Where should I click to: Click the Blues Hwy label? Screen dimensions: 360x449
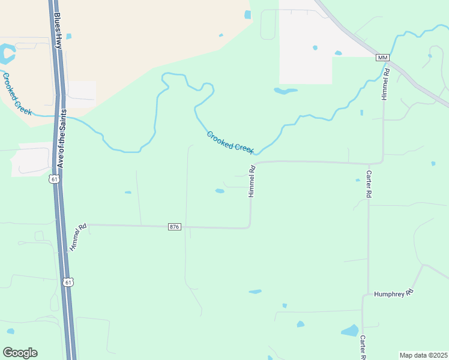coord(58,31)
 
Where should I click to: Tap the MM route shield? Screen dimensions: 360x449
coord(383,57)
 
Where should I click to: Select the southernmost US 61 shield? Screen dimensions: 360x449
coord(69,282)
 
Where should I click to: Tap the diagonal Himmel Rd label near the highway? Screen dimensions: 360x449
coord(79,236)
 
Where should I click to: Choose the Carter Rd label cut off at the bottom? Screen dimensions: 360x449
coord(363,347)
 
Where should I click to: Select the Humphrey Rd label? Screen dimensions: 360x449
coord(394,293)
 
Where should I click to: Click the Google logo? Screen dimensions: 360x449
coord(20,353)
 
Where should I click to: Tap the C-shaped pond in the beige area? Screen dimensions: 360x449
coord(7,54)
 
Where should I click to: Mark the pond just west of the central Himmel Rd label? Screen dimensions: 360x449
coord(220,191)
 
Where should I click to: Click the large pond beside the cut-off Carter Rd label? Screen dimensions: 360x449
coord(349,330)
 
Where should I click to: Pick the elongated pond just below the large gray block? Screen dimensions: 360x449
coord(285,91)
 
